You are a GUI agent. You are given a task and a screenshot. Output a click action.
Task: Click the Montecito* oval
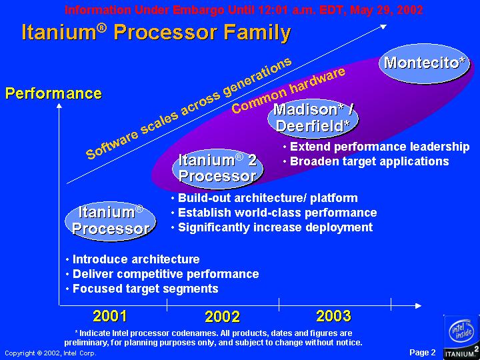(x=425, y=64)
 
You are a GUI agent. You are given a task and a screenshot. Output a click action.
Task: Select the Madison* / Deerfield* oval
(x=313, y=119)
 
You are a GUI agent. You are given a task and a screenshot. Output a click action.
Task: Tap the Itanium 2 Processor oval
(x=217, y=169)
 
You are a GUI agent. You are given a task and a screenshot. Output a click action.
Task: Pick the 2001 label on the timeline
(x=110, y=316)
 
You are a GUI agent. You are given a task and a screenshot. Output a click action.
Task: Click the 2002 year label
(x=223, y=317)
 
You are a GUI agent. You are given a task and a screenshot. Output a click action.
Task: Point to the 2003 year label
(x=334, y=316)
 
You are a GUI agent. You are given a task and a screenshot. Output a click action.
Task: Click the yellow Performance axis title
(x=53, y=94)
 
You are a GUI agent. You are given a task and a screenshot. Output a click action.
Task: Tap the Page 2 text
(x=422, y=353)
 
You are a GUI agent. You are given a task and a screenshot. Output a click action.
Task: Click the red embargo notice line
(x=244, y=11)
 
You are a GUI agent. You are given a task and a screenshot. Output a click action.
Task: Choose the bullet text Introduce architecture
(x=136, y=259)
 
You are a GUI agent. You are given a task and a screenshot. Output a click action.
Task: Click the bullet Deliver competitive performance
(x=165, y=274)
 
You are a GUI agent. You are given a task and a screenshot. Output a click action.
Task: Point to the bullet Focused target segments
(x=145, y=289)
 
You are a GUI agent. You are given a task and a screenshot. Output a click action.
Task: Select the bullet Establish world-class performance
(x=277, y=213)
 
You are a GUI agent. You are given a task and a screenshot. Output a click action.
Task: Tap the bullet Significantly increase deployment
(x=275, y=227)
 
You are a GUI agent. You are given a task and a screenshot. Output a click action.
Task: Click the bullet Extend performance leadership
(x=379, y=147)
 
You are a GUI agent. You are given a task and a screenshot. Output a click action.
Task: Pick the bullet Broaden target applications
(x=369, y=161)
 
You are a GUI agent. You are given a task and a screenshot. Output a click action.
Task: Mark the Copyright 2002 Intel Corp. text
(x=51, y=353)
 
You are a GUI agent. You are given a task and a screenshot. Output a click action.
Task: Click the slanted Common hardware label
(x=289, y=90)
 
